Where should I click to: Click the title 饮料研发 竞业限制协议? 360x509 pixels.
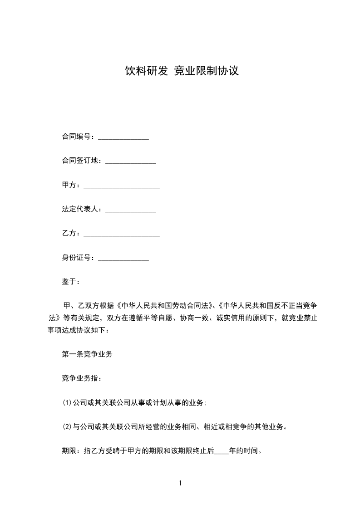(182, 71)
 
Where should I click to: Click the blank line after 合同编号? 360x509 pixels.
(123, 137)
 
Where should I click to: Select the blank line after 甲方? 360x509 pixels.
(122, 186)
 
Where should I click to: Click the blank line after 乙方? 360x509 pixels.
(122, 235)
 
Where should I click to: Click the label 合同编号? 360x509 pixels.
(78, 137)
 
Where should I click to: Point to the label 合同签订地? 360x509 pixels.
(82, 161)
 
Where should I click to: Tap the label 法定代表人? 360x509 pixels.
(82, 210)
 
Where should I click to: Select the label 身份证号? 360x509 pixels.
(78, 258)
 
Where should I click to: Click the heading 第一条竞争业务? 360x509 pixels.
(87, 354)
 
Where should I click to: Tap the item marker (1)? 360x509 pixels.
(67, 403)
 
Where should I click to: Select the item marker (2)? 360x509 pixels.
(67, 427)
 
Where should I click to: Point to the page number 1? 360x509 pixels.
(180, 484)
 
